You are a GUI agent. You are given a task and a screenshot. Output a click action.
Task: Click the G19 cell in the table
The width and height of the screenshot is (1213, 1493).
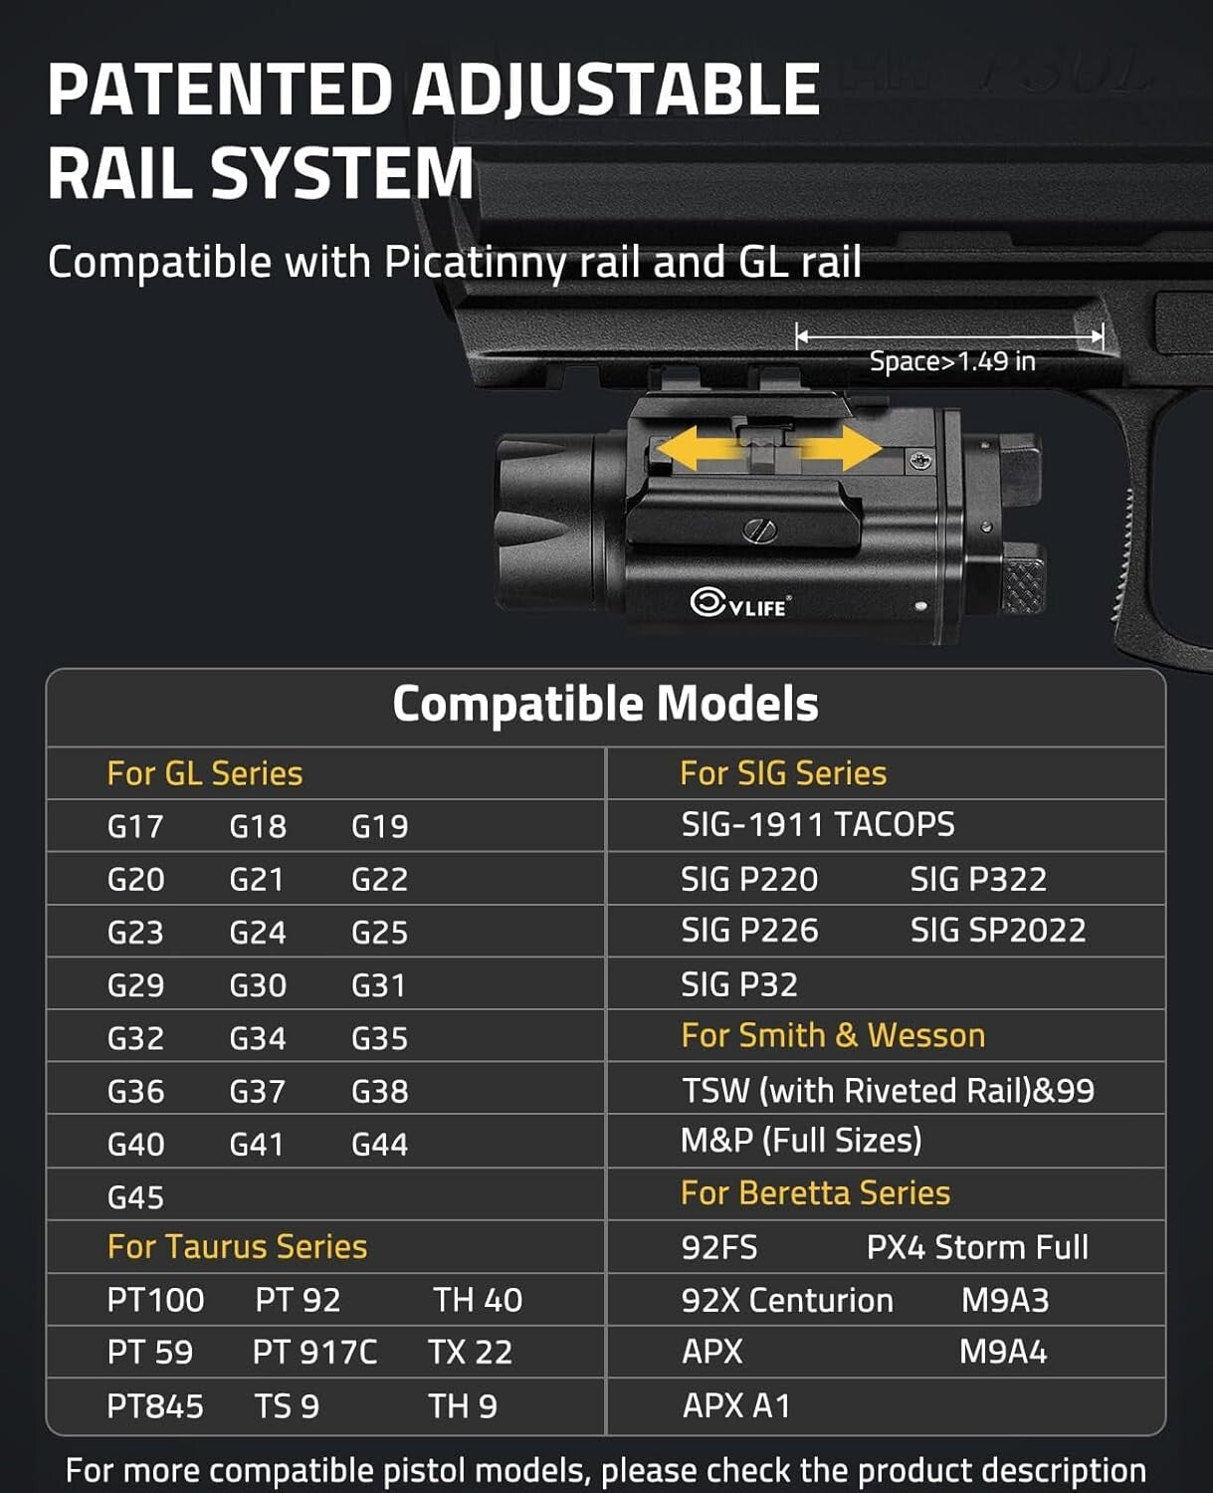click(379, 826)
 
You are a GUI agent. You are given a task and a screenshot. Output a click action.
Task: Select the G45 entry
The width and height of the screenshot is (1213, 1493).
click(135, 1196)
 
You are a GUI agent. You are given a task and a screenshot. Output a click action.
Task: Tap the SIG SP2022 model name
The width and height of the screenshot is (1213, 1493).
click(997, 930)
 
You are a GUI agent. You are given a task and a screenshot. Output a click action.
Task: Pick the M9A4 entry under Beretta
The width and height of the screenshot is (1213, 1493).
click(1003, 1352)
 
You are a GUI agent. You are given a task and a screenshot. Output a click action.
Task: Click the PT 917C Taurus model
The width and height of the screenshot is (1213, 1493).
click(314, 1352)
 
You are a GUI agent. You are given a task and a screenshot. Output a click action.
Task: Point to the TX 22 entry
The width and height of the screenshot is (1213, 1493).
click(470, 1352)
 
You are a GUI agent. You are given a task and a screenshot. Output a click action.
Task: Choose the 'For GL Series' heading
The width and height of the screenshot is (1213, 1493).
click(205, 773)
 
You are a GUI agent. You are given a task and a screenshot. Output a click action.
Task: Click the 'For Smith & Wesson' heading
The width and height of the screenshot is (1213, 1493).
click(833, 1035)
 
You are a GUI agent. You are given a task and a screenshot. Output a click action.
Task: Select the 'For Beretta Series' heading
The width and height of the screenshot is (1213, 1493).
click(815, 1192)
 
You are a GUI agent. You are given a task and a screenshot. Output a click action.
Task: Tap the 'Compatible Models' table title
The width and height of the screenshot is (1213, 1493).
click(605, 704)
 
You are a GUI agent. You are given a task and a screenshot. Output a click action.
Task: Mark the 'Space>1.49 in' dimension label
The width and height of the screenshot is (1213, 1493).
click(952, 361)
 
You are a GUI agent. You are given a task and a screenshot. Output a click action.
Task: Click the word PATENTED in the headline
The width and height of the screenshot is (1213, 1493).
click(220, 90)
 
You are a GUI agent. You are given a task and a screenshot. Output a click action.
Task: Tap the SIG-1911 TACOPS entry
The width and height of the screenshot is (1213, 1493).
click(817, 824)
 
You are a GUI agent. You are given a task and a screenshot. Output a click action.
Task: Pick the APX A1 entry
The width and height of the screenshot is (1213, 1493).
click(736, 1405)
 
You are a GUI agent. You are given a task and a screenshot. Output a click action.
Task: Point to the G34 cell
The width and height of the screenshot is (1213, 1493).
click(257, 1038)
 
